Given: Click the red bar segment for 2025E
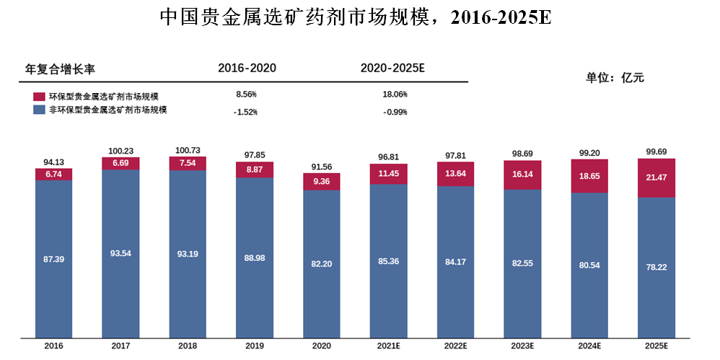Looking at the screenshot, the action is click(x=657, y=178).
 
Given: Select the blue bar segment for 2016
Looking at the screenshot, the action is click(x=53, y=259).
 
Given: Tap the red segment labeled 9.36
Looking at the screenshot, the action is click(x=322, y=182).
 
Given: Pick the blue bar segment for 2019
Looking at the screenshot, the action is click(x=255, y=258).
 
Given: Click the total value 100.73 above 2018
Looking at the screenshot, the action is click(x=188, y=151).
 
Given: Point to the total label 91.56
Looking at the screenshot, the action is click(x=322, y=167).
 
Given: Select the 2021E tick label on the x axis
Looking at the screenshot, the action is click(x=388, y=346).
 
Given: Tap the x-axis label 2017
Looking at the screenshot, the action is click(x=120, y=346).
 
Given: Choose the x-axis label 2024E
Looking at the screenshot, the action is click(x=589, y=346).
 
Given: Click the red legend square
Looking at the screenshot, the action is click(x=39, y=97).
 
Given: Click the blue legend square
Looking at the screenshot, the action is click(x=39, y=110).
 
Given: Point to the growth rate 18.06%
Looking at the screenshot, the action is click(x=395, y=95).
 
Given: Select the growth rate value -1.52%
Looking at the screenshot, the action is click(x=246, y=112).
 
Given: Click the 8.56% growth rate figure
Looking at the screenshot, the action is click(x=246, y=95).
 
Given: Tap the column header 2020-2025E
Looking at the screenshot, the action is click(x=392, y=69).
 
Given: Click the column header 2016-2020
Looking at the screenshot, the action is click(x=247, y=69).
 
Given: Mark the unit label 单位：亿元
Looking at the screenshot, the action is click(x=615, y=78).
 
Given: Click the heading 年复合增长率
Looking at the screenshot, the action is click(x=60, y=69).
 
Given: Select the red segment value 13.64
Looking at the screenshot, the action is click(x=455, y=174).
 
